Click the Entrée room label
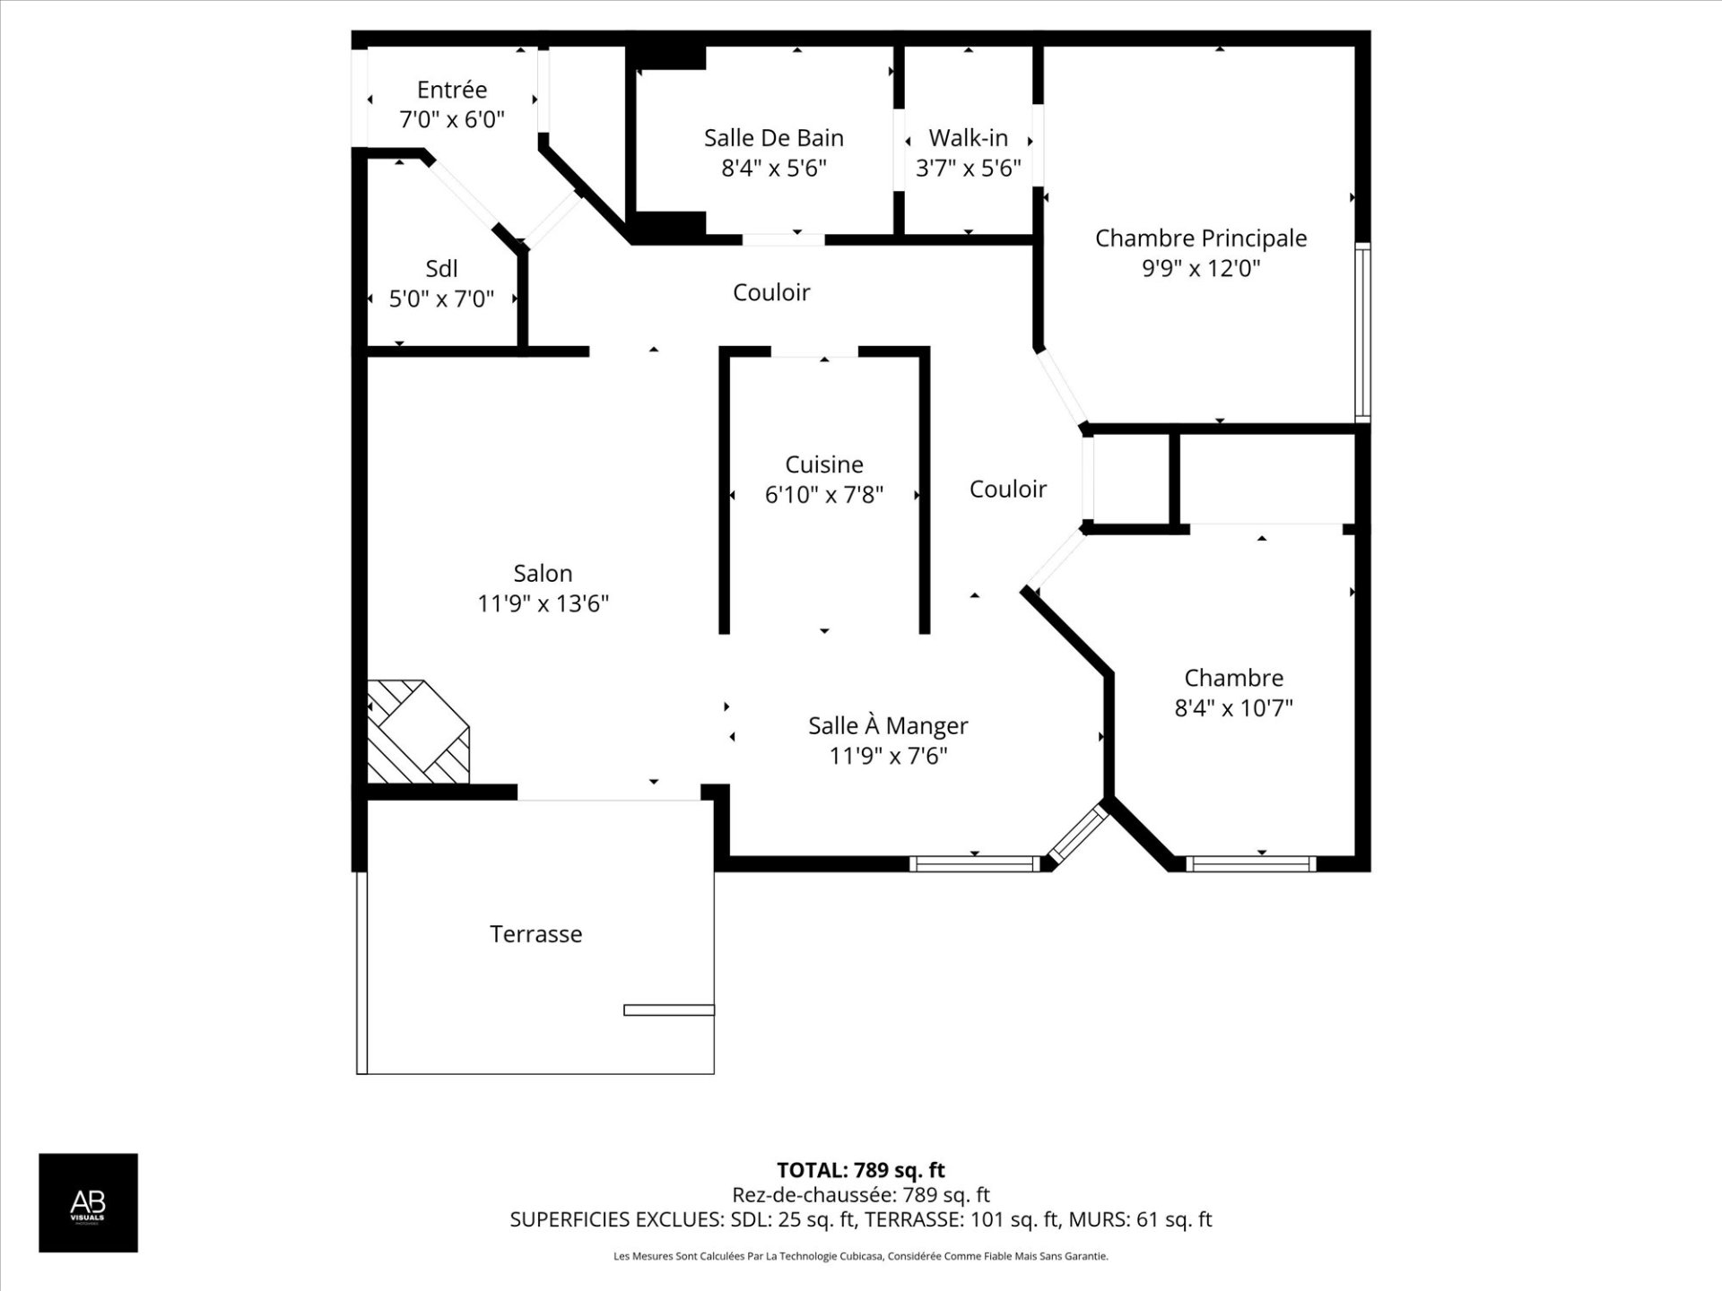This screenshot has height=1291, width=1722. coord(452,90)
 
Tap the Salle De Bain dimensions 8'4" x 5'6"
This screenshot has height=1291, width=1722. coord(773,168)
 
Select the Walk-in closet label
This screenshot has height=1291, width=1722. coord(968,138)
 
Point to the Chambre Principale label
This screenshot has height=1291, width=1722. coord(1200,238)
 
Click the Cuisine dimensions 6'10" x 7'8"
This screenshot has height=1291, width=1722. coord(823,494)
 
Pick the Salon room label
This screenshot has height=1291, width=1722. coord(543,573)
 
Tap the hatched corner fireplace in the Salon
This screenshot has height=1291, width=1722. coord(418,732)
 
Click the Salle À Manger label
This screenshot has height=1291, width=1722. coord(888,725)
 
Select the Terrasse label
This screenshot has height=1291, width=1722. coord(535,934)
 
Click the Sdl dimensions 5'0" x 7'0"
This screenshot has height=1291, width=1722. coord(441,299)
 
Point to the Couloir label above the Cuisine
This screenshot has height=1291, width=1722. coord(771,292)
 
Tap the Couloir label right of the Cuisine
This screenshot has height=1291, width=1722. coord(1007,490)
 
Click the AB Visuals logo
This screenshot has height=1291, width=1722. coord(88,1202)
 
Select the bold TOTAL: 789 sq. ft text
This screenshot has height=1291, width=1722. coord(860,1170)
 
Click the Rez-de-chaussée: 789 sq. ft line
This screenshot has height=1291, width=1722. coord(860,1195)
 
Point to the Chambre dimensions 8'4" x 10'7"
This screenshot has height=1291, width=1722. coord(1233,708)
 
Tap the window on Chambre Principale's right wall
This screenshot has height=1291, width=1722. coord(1361,332)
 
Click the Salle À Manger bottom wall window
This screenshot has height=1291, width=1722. coord(974,864)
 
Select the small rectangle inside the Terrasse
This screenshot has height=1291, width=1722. coord(668,1010)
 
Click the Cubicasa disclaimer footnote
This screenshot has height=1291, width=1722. coord(860,1257)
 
